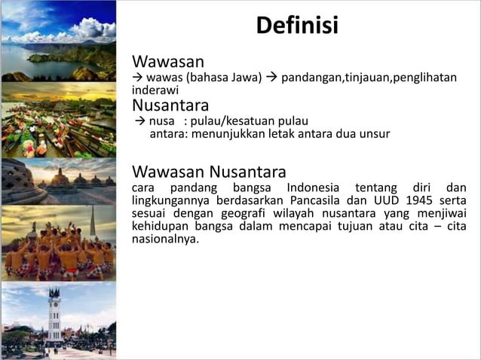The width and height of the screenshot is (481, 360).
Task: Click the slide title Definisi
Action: (297, 26)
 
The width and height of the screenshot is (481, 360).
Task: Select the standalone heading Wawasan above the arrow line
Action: (168, 60)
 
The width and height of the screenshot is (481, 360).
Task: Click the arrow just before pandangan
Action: (271, 77)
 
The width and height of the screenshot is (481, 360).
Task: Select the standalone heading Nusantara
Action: (170, 105)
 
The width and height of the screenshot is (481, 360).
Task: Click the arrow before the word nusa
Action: (138, 121)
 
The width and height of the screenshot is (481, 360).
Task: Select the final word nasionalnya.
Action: (165, 239)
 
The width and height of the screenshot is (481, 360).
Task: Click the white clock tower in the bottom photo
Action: (54, 315)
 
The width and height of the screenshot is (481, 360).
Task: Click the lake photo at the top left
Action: (58, 41)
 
